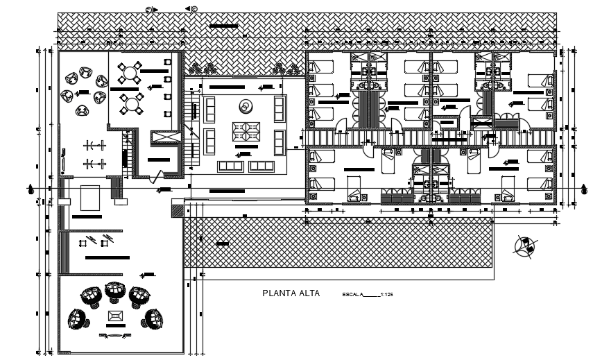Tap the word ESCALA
352,295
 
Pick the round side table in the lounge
246,105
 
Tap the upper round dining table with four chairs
129,71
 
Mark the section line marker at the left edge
31,189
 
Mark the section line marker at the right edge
578,189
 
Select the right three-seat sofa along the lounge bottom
262,166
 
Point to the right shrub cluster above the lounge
281,68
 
